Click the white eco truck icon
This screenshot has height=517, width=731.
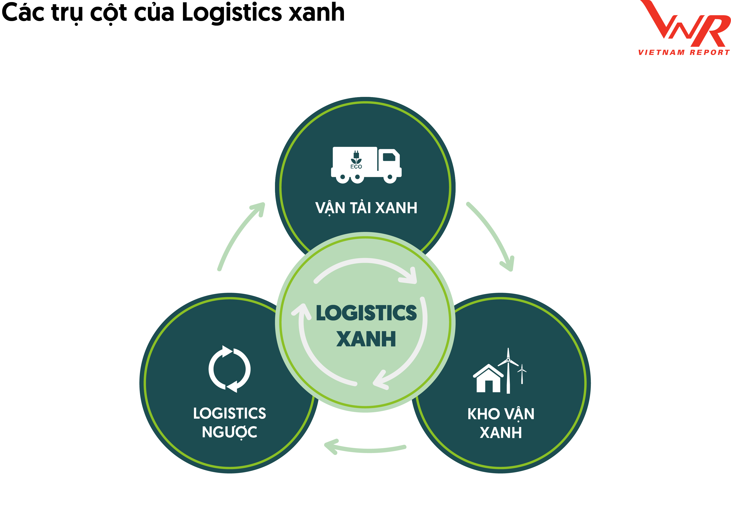point(366,165)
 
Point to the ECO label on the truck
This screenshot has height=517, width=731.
point(356,166)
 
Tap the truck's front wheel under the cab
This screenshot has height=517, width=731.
point(390,177)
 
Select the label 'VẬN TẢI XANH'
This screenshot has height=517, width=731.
point(366,208)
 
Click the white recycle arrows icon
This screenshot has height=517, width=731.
point(230,369)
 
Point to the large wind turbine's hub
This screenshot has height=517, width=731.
point(508,360)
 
